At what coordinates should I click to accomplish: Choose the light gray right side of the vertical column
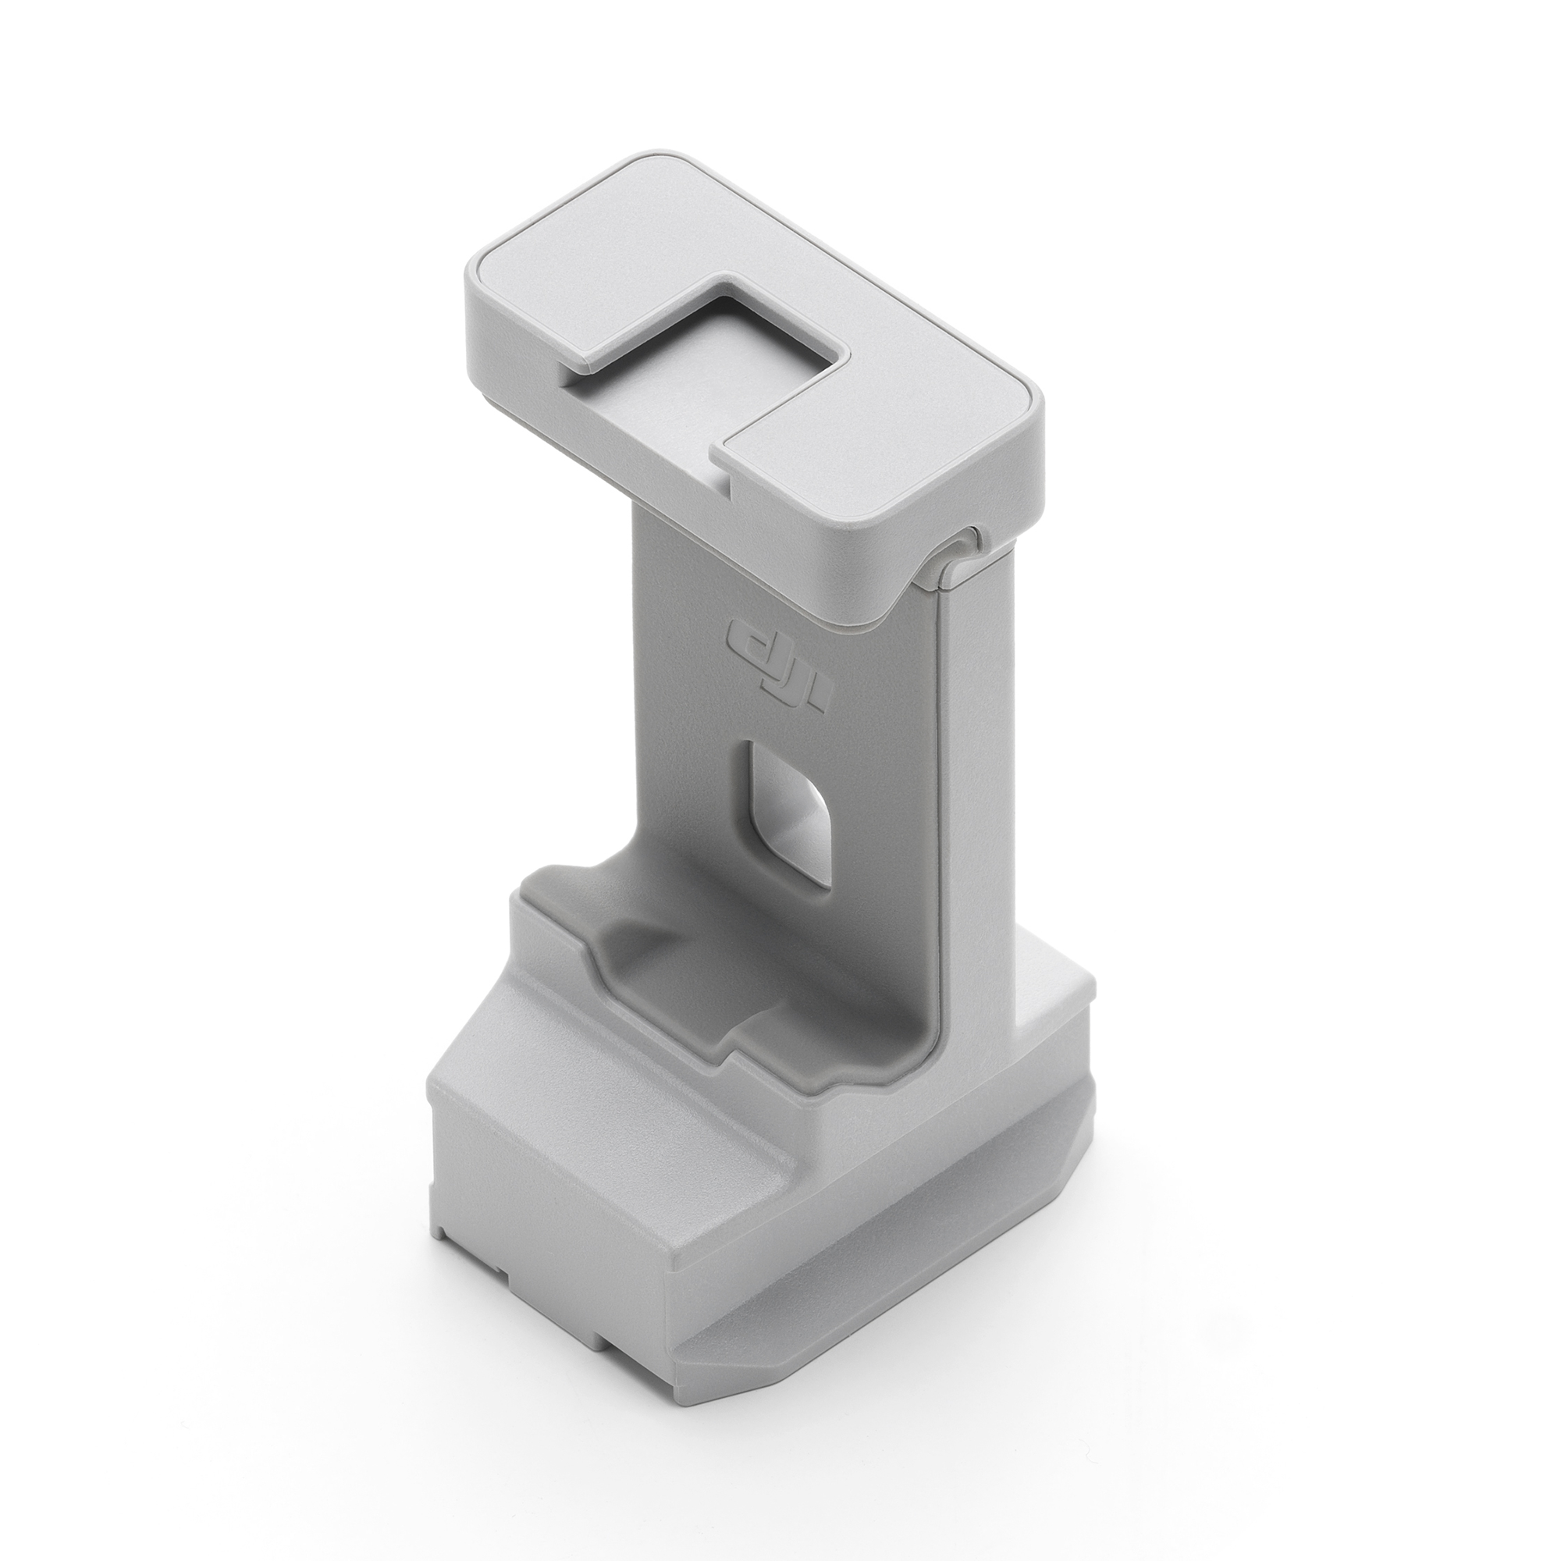point(978,808)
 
